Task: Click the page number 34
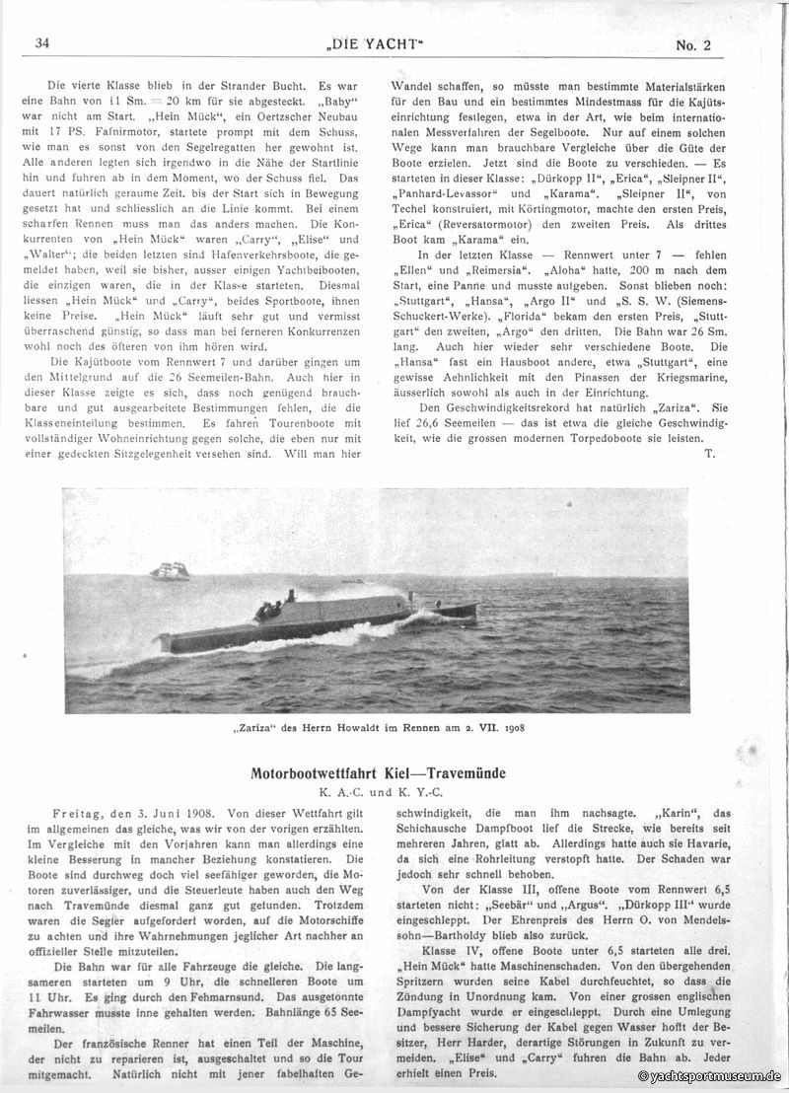click(42, 42)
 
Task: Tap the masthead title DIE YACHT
click(394, 42)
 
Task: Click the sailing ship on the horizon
click(170, 571)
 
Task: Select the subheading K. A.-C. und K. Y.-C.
click(394, 790)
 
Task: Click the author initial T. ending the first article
click(710, 453)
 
